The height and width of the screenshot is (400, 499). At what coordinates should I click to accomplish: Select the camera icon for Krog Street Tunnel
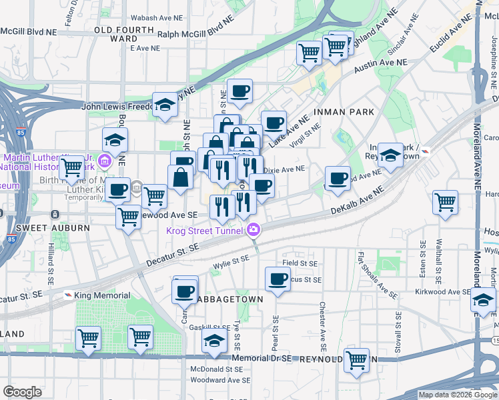(254, 231)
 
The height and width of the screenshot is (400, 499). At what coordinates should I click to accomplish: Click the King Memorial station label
(102, 295)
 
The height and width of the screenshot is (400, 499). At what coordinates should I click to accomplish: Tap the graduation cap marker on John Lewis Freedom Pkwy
(165, 105)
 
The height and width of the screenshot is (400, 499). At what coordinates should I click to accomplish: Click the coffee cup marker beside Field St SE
(278, 279)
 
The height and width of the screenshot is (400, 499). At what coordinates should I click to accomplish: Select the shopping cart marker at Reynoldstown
(357, 360)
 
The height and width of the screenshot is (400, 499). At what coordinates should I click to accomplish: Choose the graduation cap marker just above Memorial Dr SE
(213, 341)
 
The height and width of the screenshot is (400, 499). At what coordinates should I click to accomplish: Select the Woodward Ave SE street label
(220, 379)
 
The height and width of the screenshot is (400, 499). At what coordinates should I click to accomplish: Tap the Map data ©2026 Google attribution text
(458, 395)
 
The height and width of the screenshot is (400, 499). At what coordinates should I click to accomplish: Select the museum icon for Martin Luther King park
(104, 161)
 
